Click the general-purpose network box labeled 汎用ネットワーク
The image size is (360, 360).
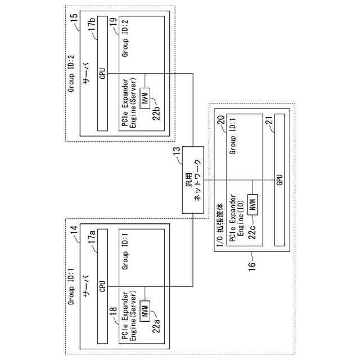click(x=193, y=180)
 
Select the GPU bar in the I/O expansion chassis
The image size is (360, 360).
click(x=279, y=180)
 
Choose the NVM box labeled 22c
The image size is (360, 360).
click(x=253, y=203)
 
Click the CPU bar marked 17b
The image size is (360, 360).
click(x=102, y=74)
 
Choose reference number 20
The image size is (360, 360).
click(x=221, y=119)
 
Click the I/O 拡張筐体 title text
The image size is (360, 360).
click(x=219, y=222)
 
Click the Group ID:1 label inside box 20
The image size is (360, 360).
click(x=233, y=139)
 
